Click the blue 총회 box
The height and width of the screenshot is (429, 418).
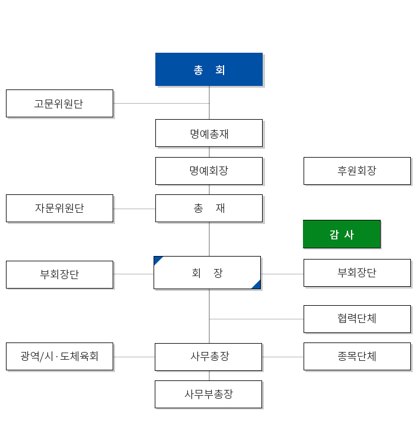[x=209, y=69]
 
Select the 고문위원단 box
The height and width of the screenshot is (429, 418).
[x=59, y=104]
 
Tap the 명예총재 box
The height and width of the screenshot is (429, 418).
[x=209, y=133]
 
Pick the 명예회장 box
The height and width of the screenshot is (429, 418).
[x=209, y=171]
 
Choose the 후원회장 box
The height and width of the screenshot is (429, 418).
[x=358, y=171]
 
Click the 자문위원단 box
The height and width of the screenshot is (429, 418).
[x=59, y=209]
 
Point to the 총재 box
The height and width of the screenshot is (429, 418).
[x=209, y=209]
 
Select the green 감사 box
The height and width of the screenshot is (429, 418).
[x=342, y=234]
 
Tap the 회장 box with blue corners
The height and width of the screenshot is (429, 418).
[x=207, y=273]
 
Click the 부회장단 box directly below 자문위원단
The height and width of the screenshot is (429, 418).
[x=59, y=275]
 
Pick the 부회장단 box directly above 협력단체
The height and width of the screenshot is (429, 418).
[x=358, y=273]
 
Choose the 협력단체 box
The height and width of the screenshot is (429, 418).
[x=358, y=319]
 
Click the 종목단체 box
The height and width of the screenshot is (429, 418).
[x=358, y=357]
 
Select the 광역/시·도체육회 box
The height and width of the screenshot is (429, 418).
[x=59, y=357]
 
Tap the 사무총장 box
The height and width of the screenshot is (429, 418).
[x=208, y=357]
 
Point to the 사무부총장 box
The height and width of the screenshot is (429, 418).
[x=208, y=394]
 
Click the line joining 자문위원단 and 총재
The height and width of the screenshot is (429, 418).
[x=135, y=209]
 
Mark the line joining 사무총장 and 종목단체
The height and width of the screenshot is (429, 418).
[x=283, y=357]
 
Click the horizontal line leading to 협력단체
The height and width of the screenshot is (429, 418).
[x=257, y=319]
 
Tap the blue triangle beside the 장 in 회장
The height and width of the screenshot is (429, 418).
[x=257, y=286]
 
